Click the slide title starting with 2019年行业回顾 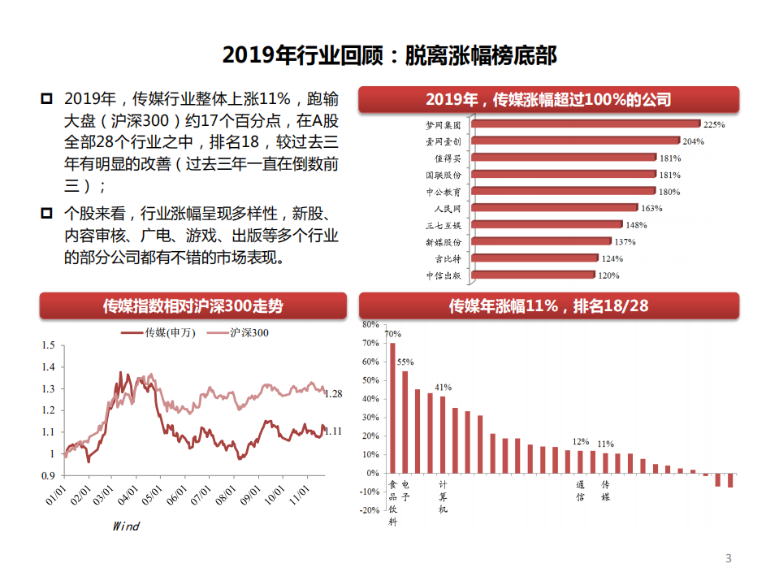[x=389, y=55]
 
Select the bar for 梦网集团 [x=586, y=124]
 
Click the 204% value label [x=694, y=141]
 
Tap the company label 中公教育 [x=444, y=192]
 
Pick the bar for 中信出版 [x=534, y=275]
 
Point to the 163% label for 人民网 [x=651, y=208]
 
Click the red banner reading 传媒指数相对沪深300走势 [x=193, y=306]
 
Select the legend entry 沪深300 [x=249, y=332]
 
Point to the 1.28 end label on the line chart [x=333, y=394]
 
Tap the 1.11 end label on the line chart [x=333, y=431]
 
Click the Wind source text [x=126, y=526]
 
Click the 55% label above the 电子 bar [x=405, y=362]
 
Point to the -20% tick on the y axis [x=370, y=510]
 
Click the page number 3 [x=728, y=558]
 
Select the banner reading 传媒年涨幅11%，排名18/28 [x=548, y=306]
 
